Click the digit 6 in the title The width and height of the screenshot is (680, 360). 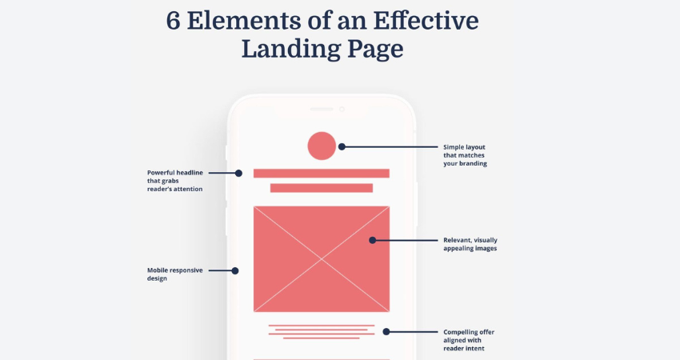coord(173,21)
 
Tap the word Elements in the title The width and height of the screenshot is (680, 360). coord(244,20)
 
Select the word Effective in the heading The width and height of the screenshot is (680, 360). coord(426,20)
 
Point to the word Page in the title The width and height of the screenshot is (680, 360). coord(375,50)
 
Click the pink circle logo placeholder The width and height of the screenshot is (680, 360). coord(322,146)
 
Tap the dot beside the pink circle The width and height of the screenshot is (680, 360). coord(342,146)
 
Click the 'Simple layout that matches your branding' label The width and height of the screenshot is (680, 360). coord(465,155)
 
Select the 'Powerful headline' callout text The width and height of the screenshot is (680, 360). coord(174,181)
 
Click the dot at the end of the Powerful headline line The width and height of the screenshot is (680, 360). coord(238,173)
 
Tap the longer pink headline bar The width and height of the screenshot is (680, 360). coord(322,174)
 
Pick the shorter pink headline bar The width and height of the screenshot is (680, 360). coord(322,188)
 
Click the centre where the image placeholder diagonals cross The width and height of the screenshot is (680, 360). coord(322,259)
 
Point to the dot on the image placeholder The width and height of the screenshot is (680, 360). coord(373,240)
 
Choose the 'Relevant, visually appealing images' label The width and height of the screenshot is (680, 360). coord(470,244)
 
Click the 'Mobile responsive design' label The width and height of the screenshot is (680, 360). coord(174,274)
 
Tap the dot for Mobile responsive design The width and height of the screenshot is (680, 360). coord(235,270)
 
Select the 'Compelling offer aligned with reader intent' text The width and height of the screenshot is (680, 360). coord(469,340)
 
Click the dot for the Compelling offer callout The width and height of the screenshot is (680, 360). coord(386,332)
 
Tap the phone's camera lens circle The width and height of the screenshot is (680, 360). coord(342,110)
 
